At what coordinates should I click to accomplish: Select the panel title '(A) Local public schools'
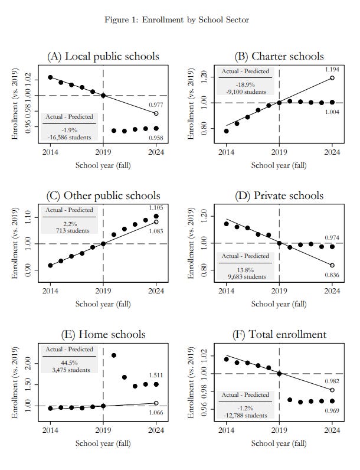pyautogui.click(x=103, y=57)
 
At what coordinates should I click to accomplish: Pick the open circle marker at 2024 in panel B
pyautogui.click(x=332, y=77)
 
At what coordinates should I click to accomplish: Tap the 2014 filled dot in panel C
pyautogui.click(x=50, y=265)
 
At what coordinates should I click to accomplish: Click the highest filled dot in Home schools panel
pyautogui.click(x=114, y=355)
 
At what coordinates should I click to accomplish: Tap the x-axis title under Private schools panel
pyautogui.click(x=279, y=304)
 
